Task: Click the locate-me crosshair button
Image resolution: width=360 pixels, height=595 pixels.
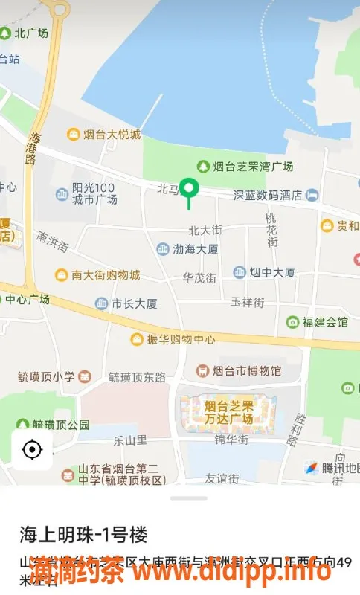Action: click(32, 449)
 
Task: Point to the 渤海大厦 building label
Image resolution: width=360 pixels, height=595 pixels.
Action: click(187, 249)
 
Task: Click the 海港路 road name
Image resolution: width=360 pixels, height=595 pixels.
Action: click(33, 148)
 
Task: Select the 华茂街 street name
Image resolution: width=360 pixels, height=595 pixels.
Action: click(199, 278)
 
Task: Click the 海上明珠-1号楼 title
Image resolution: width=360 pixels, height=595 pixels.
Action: click(83, 534)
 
